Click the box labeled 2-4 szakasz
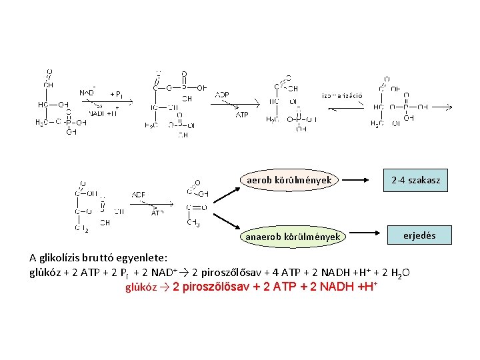416,180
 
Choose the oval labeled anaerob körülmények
293,237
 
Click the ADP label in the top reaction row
222,95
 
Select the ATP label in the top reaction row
241,115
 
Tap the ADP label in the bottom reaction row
139,195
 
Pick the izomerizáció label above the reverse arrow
343,95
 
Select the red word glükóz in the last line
141,288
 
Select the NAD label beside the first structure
87,93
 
